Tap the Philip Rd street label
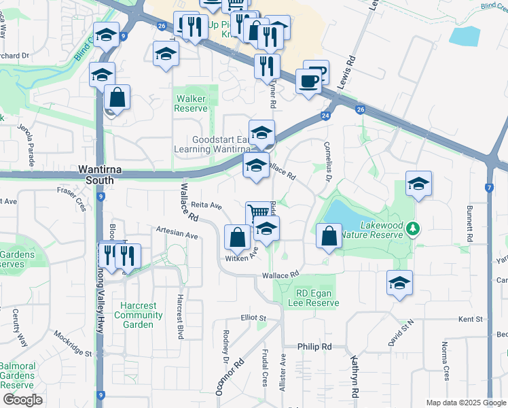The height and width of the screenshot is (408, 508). tap(314, 347)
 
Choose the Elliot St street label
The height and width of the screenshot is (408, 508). tap(253, 318)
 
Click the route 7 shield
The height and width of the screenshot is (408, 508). tap(489, 187)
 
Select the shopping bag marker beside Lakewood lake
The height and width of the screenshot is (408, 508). tap(329, 237)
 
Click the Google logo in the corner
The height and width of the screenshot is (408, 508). tap(22, 400)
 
